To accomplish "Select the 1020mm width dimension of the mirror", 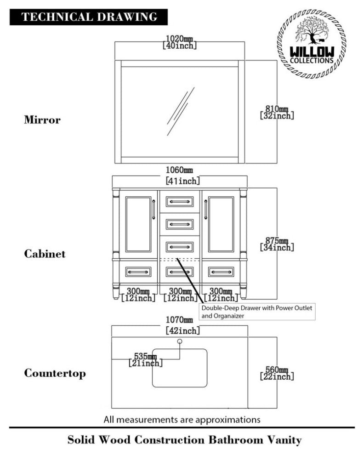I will pyautogui.click(x=180, y=42).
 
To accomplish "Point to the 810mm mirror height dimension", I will pyautogui.click(x=277, y=112).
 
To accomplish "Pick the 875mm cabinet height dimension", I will pyautogui.click(x=277, y=244).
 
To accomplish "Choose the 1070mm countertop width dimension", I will pyautogui.click(x=180, y=325).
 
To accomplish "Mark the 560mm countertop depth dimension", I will pyautogui.click(x=277, y=373).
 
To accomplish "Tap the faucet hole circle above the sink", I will pyautogui.click(x=180, y=341).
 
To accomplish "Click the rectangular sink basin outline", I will pyautogui.click(x=180, y=368).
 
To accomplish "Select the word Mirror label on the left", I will pyautogui.click(x=42, y=120).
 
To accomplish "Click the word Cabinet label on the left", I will pyautogui.click(x=45, y=254).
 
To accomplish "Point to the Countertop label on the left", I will pyautogui.click(x=55, y=373).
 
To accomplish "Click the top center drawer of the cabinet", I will pyautogui.click(x=180, y=201).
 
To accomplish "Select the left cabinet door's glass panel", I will pyautogui.click(x=138, y=224).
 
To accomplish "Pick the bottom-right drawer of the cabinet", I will pyautogui.click(x=221, y=272).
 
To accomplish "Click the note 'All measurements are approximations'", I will pyautogui.click(x=182, y=419).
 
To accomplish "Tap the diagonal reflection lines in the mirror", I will pyautogui.click(x=180, y=112).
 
